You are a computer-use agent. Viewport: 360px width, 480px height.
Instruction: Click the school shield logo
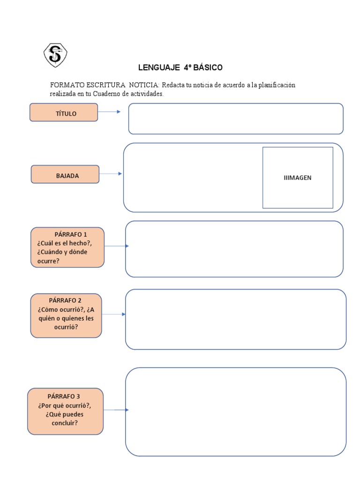coord(55,55)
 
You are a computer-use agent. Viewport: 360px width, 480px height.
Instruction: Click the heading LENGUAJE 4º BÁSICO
coord(180,67)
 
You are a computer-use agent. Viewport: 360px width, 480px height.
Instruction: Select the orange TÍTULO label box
coord(64,113)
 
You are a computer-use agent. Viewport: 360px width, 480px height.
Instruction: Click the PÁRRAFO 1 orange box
coord(67,247)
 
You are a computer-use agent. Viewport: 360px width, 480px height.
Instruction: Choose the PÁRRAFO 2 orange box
coord(66,315)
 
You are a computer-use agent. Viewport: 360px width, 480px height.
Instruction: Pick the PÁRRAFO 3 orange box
coord(65,411)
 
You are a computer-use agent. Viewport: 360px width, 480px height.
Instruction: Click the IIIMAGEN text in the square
coord(297,178)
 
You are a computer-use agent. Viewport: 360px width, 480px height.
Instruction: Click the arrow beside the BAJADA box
coord(111,174)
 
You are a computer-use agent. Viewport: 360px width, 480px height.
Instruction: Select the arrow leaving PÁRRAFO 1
coord(115,246)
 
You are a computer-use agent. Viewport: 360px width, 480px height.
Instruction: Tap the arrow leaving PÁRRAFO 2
coord(113,314)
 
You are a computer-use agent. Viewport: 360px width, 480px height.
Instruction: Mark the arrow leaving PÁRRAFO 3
coord(115,410)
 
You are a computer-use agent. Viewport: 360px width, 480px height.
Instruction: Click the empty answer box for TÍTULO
coord(236,119)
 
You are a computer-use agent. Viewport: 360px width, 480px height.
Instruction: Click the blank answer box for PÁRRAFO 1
coord(234,249)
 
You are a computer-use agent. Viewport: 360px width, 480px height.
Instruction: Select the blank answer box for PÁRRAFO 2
coord(235,319)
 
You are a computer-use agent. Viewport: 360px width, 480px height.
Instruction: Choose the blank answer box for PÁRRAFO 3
coord(235,412)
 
